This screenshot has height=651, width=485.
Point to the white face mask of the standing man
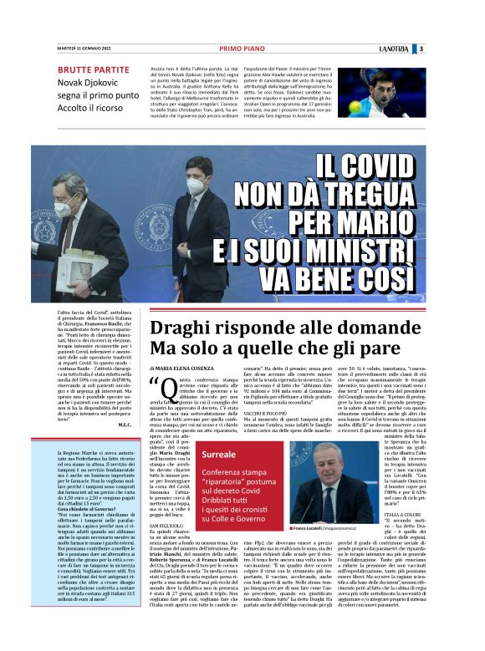(x=196, y=186)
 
